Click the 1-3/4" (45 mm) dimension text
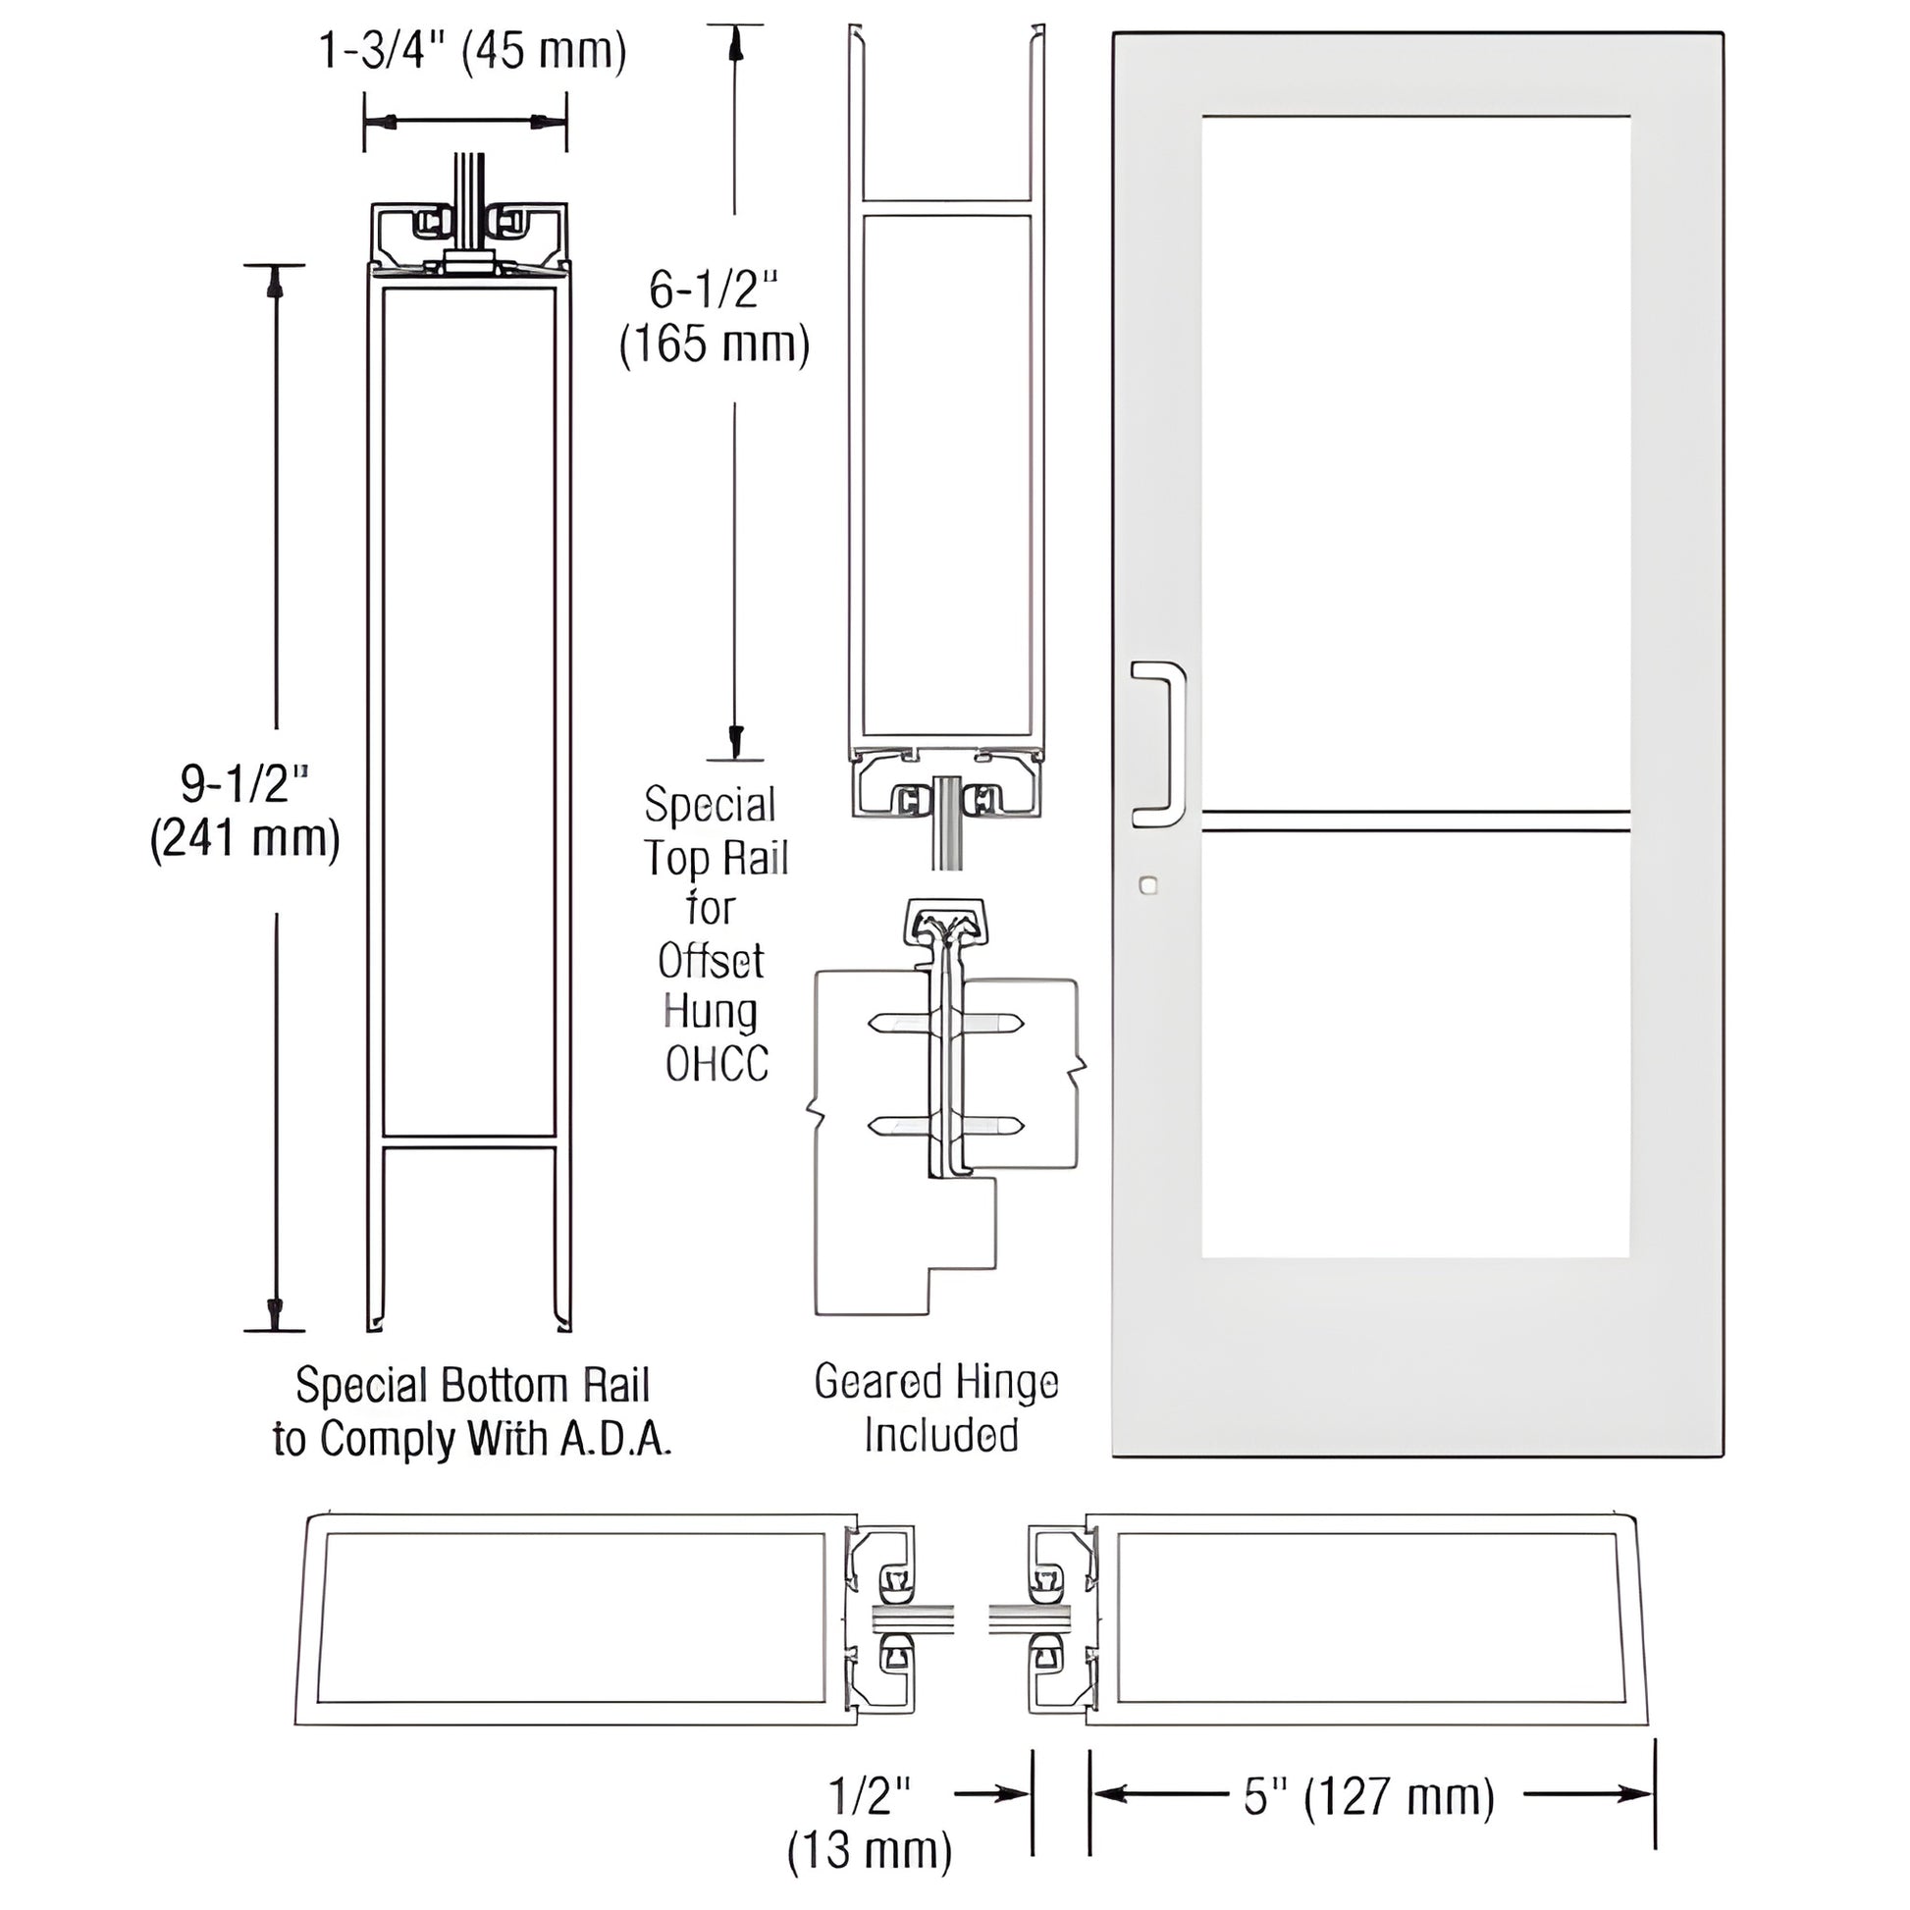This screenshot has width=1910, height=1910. pyautogui.click(x=472, y=51)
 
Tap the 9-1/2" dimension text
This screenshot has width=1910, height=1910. pyautogui.click(x=245, y=784)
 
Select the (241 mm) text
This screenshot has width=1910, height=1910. pyautogui.click(x=245, y=839)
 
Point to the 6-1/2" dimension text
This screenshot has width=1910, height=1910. pyautogui.click(x=714, y=290)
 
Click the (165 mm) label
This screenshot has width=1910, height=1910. pyautogui.click(x=714, y=345)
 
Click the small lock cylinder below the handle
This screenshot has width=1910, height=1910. pyautogui.click(x=1147, y=884)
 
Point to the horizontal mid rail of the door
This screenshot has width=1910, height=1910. pyautogui.click(x=1415, y=821)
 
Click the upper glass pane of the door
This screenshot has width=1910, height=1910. pyautogui.click(x=1415, y=464)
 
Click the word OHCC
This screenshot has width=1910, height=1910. pyautogui.click(x=716, y=1065)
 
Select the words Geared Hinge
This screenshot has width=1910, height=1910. pyautogui.click(x=935, y=1382)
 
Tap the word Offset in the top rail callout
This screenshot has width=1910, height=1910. pyautogui.click(x=711, y=960)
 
